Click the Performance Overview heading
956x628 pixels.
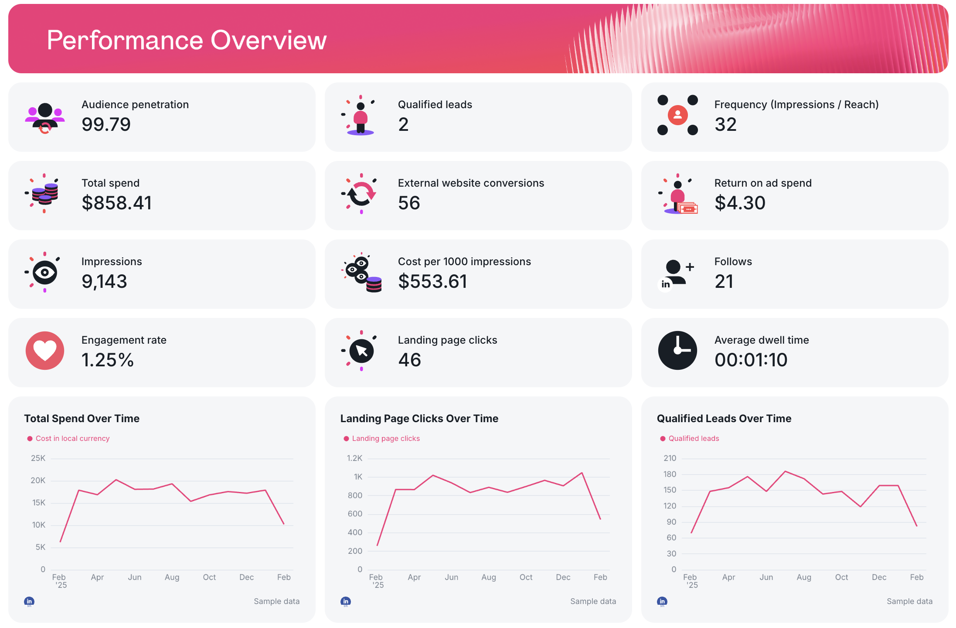click(187, 40)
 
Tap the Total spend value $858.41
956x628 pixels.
click(117, 203)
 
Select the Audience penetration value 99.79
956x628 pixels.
click(106, 124)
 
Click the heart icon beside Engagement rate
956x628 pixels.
click(45, 351)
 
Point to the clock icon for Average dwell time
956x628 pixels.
click(677, 351)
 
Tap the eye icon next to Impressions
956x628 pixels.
click(44, 273)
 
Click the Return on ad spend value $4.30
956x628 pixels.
click(740, 203)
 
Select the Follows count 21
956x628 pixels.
click(724, 281)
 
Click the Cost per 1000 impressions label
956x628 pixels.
click(464, 262)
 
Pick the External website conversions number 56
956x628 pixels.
click(409, 203)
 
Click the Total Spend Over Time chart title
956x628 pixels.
click(82, 419)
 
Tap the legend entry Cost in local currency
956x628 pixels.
click(72, 439)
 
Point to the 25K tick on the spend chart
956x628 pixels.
click(38, 458)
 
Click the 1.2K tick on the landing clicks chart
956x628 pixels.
click(354, 458)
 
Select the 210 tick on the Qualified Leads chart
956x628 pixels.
click(670, 458)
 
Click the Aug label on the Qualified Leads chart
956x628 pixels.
click(804, 577)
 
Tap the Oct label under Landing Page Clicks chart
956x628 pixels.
click(526, 577)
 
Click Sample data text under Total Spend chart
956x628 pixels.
click(276, 601)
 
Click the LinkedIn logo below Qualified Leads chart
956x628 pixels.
click(662, 601)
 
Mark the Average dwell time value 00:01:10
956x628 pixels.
click(751, 360)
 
